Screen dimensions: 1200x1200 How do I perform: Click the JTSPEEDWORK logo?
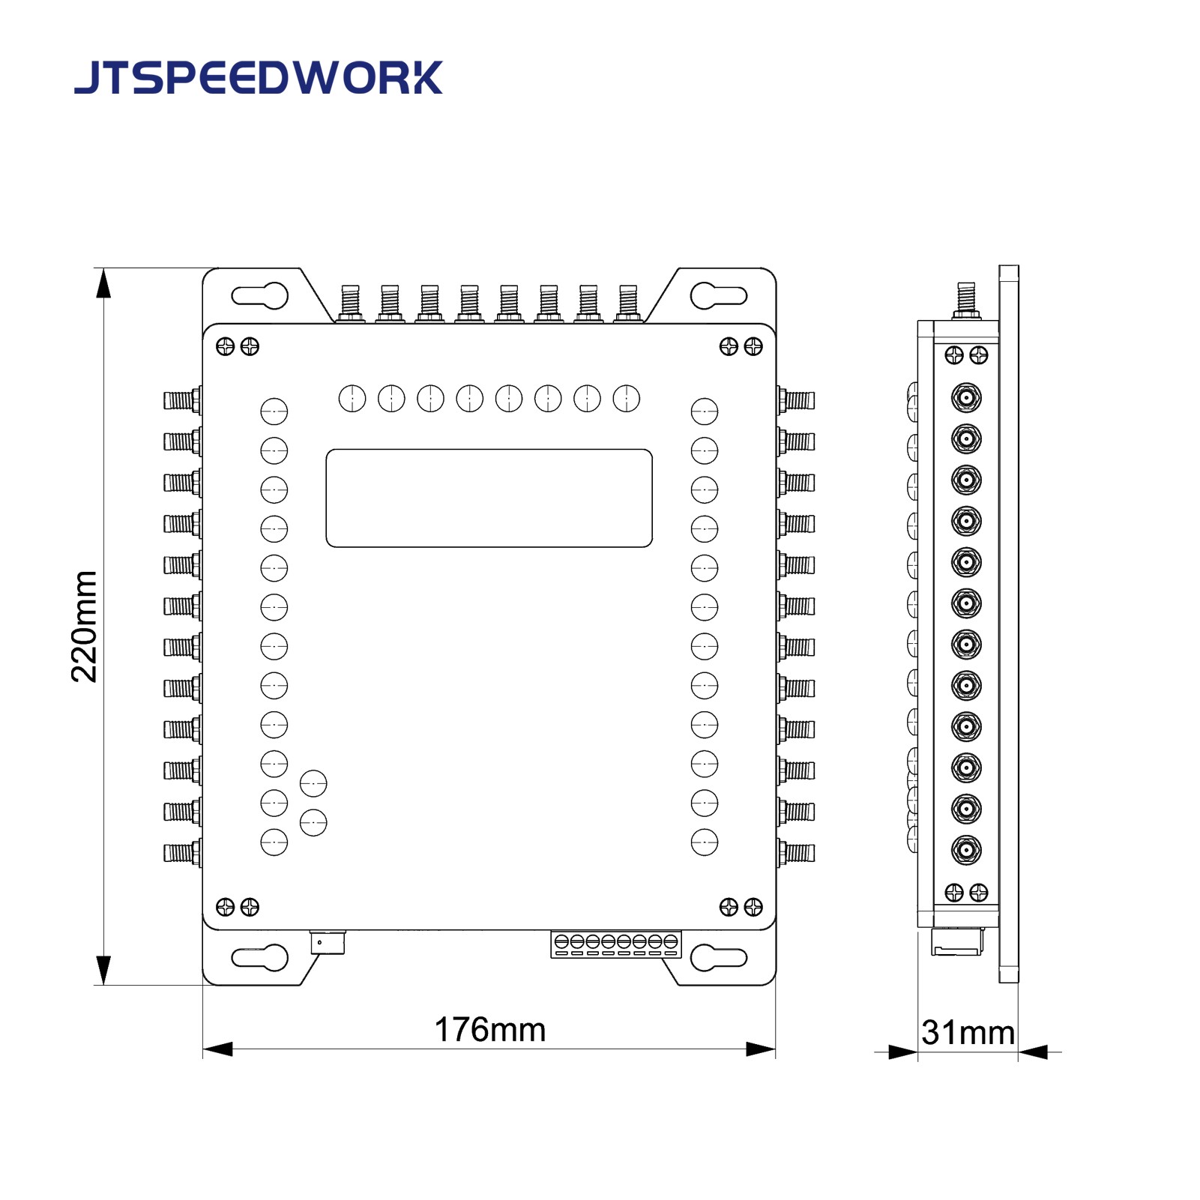[x=259, y=77]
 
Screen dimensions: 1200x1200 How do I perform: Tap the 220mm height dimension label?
[x=84, y=627]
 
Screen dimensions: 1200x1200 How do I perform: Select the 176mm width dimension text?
[x=489, y=1030]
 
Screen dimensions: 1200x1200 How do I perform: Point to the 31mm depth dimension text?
[x=968, y=1032]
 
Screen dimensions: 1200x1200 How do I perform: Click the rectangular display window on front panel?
[x=489, y=498]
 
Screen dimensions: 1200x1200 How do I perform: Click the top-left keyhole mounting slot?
[x=260, y=295]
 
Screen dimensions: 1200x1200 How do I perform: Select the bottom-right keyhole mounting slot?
[x=718, y=957]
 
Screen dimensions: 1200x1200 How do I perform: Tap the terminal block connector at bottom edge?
[x=616, y=944]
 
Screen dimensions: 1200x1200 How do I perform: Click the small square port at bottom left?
[x=328, y=942]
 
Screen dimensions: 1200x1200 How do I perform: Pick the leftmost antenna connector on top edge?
[x=350, y=303]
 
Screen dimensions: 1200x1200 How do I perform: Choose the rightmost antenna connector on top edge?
[x=628, y=303]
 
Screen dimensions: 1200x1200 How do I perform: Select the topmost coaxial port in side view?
[x=966, y=397]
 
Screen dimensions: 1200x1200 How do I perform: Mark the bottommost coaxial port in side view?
[x=966, y=850]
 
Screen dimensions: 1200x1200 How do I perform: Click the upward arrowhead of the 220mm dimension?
[x=103, y=283]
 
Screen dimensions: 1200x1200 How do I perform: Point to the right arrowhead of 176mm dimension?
[x=760, y=1049]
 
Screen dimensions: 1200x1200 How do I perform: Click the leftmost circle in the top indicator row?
[x=352, y=399]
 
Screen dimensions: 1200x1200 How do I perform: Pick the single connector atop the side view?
[x=966, y=300]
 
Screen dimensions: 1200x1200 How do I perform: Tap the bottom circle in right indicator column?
[x=704, y=842]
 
